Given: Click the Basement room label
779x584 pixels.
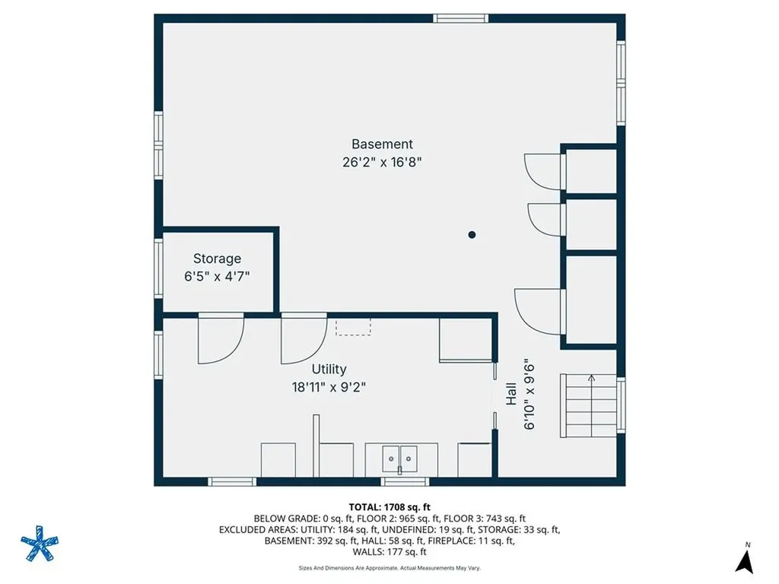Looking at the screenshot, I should [382, 144].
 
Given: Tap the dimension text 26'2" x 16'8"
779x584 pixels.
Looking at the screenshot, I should [382, 162].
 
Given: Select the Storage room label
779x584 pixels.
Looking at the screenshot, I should [217, 259].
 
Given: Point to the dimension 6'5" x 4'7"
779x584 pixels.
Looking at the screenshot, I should [217, 276].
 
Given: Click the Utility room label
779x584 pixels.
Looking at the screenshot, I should [329, 369].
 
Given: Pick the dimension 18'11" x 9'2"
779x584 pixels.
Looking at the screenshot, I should [329, 386].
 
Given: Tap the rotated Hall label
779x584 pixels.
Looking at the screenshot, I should [512, 393].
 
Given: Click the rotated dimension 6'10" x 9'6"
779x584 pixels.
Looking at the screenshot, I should [530, 393].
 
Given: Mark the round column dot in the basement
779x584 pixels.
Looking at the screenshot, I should [472, 235].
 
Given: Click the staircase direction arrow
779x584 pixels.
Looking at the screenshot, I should [590, 378].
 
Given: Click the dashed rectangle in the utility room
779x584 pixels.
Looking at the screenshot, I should [353, 326].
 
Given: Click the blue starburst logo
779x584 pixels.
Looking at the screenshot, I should [39, 543].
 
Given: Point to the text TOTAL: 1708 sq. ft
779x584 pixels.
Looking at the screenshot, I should [389, 506].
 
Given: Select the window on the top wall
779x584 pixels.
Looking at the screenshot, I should [461, 18].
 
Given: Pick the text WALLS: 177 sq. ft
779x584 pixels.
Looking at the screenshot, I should [389, 552].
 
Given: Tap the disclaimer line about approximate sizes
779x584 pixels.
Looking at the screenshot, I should [389, 568].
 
